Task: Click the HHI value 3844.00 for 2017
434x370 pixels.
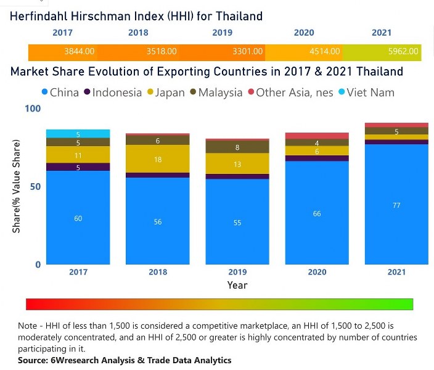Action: [x=79, y=52]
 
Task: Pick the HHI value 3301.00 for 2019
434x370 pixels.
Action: [x=248, y=52]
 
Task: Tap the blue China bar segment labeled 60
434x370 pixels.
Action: [x=78, y=218]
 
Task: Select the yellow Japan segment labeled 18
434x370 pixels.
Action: [x=158, y=159]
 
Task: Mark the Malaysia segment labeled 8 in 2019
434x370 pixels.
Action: [x=237, y=147]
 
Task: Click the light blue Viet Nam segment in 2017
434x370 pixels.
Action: [x=78, y=134]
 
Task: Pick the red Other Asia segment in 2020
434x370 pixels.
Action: [x=316, y=136]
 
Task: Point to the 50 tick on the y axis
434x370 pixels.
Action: [x=35, y=186]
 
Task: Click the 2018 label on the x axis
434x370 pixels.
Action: [x=158, y=272]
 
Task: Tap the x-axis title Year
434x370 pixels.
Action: [x=237, y=285]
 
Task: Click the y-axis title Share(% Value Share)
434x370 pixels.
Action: [x=17, y=186]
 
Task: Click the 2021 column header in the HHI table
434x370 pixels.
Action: [x=381, y=33]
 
